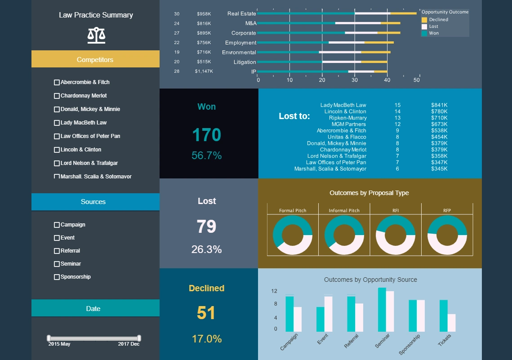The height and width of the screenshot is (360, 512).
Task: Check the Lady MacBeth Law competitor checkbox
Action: coord(57,123)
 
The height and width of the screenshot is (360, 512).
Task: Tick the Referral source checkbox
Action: coord(57,251)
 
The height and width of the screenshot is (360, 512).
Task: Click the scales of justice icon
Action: coord(97,35)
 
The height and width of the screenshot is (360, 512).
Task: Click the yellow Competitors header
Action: coord(95,59)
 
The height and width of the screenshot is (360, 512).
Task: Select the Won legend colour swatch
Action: coord(424,33)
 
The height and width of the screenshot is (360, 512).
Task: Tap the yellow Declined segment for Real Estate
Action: coord(403,13)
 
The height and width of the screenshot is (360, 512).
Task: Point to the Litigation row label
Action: coord(245,62)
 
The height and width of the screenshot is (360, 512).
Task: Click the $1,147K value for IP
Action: coord(204,71)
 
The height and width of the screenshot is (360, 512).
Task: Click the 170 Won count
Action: coord(207,135)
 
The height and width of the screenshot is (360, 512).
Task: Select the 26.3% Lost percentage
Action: coord(207,249)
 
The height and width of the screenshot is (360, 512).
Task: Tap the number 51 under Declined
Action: coord(207,313)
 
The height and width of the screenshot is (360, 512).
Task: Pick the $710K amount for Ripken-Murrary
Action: coord(439,118)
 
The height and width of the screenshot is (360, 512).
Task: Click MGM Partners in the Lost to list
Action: coord(349,124)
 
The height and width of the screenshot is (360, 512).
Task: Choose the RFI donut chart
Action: coord(396,236)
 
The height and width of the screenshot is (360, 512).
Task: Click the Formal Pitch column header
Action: coord(293,210)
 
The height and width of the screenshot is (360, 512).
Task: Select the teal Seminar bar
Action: coord(382,310)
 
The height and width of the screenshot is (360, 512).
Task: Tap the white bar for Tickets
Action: coord(451,323)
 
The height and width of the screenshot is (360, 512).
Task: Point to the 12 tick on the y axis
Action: coord(274,291)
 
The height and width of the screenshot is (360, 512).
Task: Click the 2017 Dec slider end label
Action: coord(129,344)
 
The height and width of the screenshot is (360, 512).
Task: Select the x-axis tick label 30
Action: coord(355,80)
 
